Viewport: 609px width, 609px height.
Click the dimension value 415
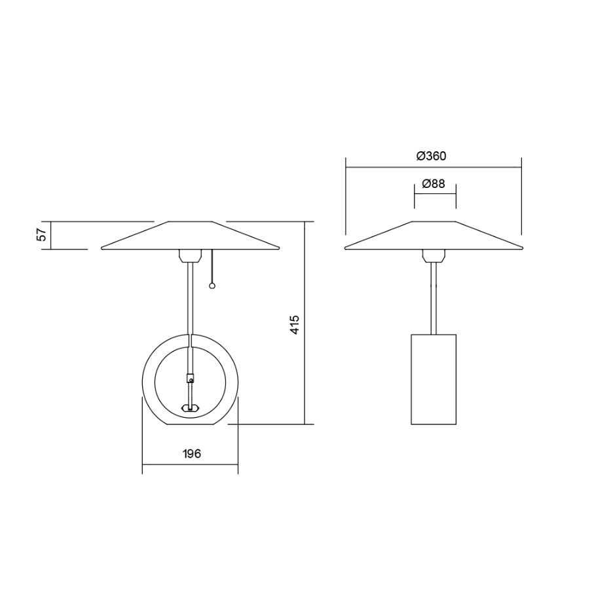coord(295,325)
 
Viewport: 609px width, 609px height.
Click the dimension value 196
coord(191,453)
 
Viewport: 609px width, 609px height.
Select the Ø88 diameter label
coord(434,184)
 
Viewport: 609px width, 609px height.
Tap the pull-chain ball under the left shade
coord(212,286)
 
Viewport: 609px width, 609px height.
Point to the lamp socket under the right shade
coord(432,255)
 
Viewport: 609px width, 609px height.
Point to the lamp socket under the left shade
coord(190,255)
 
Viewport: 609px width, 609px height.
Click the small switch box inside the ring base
coord(191,377)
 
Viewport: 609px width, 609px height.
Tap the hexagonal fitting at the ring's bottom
coord(190,408)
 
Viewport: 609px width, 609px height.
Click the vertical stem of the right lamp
coord(432,298)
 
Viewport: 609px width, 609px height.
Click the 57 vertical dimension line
coord(51,235)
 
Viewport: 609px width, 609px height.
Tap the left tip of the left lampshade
coord(103,248)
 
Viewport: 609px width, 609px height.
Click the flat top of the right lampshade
coord(433,222)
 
